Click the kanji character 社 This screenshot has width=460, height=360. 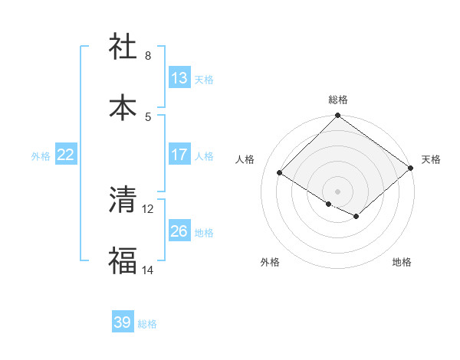123,47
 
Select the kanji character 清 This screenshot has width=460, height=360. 123,201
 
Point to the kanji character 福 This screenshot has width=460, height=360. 123,262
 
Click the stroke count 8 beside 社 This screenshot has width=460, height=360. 148,56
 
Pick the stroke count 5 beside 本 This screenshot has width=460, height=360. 148,117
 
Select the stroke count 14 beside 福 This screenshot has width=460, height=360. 148,270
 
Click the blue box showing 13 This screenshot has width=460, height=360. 179,78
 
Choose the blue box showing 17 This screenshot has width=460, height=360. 179,155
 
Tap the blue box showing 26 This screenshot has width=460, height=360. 179,231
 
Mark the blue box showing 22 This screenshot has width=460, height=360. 66,155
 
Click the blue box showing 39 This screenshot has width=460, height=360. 122,322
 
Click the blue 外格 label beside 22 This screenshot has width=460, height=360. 41,155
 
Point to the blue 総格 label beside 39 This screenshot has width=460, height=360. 147,324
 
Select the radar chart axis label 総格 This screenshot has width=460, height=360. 338,100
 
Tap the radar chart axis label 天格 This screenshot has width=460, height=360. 431,159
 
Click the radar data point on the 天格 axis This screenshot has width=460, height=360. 411,168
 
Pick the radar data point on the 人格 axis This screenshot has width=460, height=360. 280,173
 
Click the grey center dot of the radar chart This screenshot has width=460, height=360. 337,191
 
